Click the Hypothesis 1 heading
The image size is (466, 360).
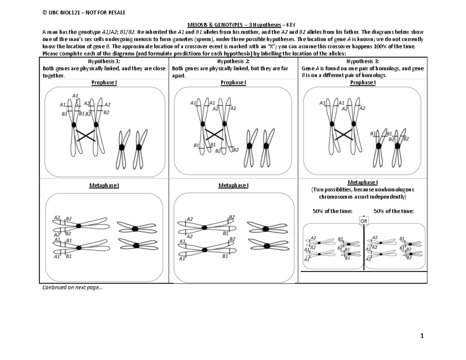[104, 61]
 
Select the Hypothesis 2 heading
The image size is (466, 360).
[233, 61]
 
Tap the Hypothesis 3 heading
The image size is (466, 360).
[363, 61]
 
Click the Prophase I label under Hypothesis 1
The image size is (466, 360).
[104, 82]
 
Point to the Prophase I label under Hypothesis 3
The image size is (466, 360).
[363, 82]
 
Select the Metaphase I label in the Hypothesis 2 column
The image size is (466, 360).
[233, 185]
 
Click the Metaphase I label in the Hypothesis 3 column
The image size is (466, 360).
[363, 182]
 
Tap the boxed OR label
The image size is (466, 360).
[363, 220]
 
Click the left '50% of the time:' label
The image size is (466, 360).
[333, 211]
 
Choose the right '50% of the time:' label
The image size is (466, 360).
[393, 211]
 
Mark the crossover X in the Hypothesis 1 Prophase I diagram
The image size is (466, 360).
[85, 136]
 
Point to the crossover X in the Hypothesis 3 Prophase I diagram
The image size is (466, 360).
[343, 135]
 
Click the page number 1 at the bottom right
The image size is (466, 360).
[422, 336]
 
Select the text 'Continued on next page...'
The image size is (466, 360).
[73, 287]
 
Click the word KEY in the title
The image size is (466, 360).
[291, 25]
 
